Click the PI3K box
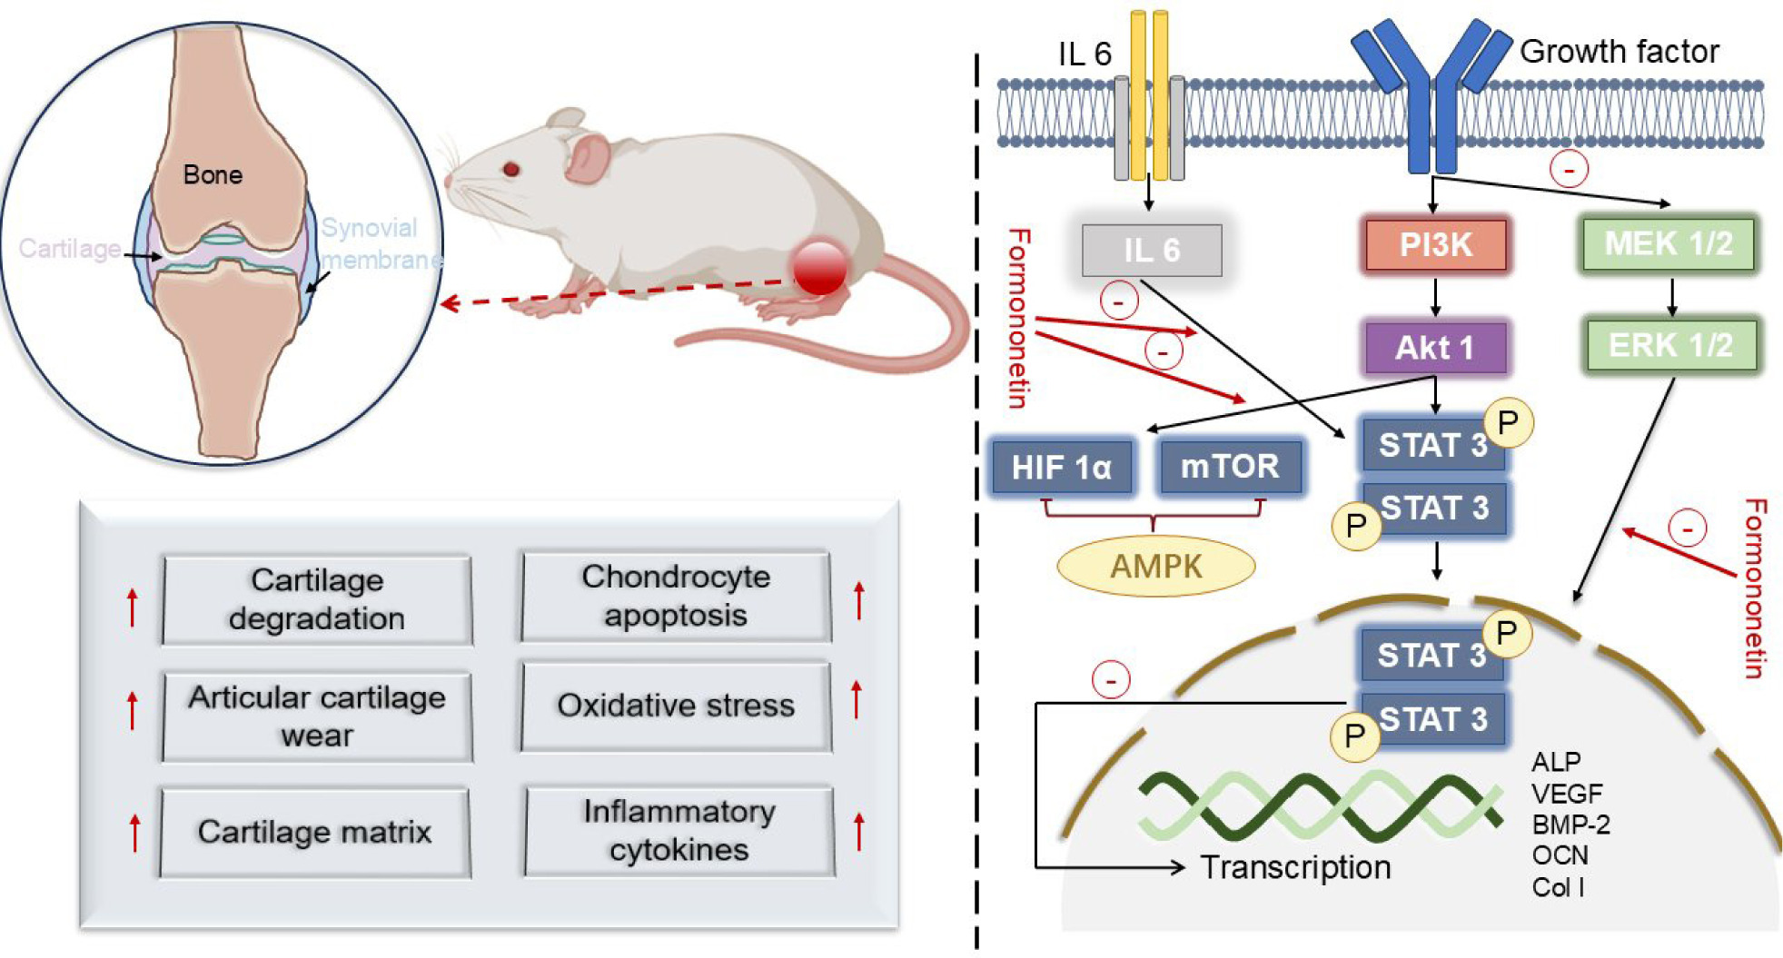1435,245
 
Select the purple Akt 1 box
1435,348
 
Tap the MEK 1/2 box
1669,244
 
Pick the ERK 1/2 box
1670,346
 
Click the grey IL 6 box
1152,251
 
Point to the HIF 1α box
1062,468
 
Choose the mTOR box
1230,467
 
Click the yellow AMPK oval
1156,567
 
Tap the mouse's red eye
511,169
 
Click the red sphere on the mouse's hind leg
819,268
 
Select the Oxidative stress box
676,706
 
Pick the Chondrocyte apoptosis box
676,597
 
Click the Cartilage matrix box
315,832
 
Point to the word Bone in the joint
213,175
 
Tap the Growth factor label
1619,52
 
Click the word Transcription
1295,868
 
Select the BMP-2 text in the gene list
1570,825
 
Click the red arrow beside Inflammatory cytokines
858,831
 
